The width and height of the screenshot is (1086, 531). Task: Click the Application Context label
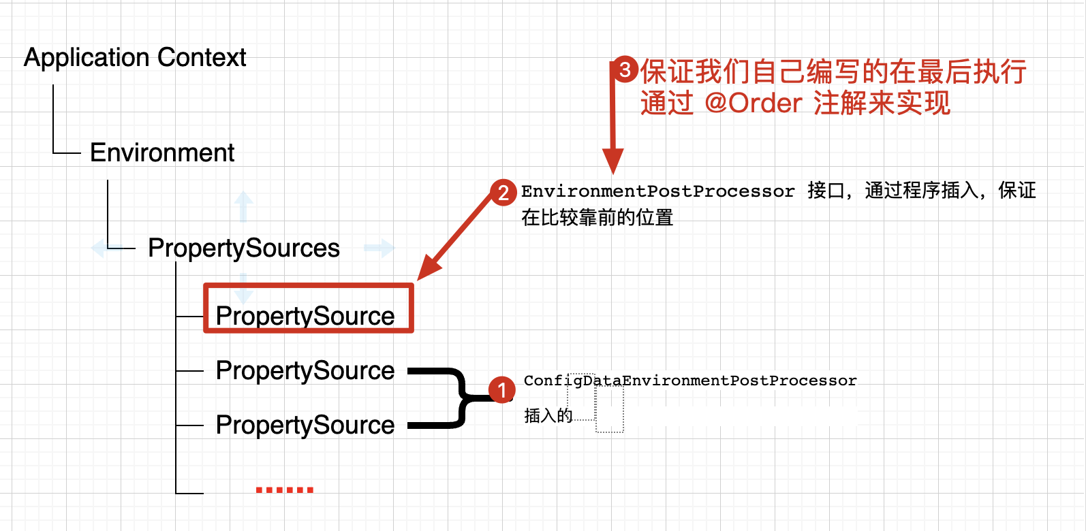point(135,58)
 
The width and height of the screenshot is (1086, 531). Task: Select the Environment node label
point(162,153)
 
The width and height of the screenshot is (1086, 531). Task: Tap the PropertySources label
point(243,248)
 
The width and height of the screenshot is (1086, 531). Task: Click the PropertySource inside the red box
point(305,316)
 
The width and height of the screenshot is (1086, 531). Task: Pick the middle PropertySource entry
point(305,371)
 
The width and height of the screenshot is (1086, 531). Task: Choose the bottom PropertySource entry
point(305,425)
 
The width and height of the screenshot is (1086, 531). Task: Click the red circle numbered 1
point(502,390)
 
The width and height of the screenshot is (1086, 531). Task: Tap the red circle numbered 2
point(503,192)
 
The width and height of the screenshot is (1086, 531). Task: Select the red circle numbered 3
point(624,69)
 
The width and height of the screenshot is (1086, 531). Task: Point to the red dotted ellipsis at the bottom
point(284,489)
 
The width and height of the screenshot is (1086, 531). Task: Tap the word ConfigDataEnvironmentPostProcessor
point(689,381)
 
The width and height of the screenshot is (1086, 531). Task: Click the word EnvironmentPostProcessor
point(657,191)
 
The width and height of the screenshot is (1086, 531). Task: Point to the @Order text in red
point(754,103)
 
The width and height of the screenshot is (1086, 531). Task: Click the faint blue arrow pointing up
point(243,206)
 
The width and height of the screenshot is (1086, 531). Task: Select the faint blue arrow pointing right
point(379,248)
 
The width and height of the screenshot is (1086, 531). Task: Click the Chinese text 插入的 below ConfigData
point(548,415)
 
